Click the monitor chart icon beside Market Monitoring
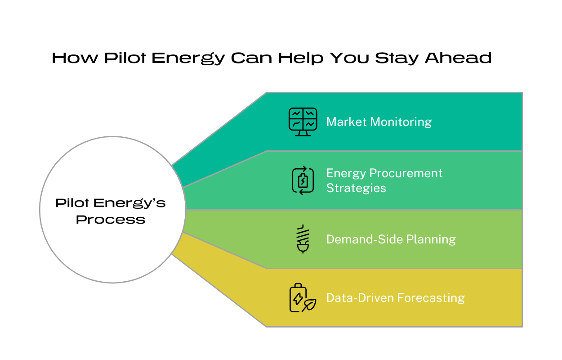[303, 121]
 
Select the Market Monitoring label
[379, 122]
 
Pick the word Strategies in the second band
[356, 188]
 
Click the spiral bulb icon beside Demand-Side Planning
[302, 239]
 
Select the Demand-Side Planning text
[391, 239]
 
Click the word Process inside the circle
[111, 220]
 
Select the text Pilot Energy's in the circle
[111, 203]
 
